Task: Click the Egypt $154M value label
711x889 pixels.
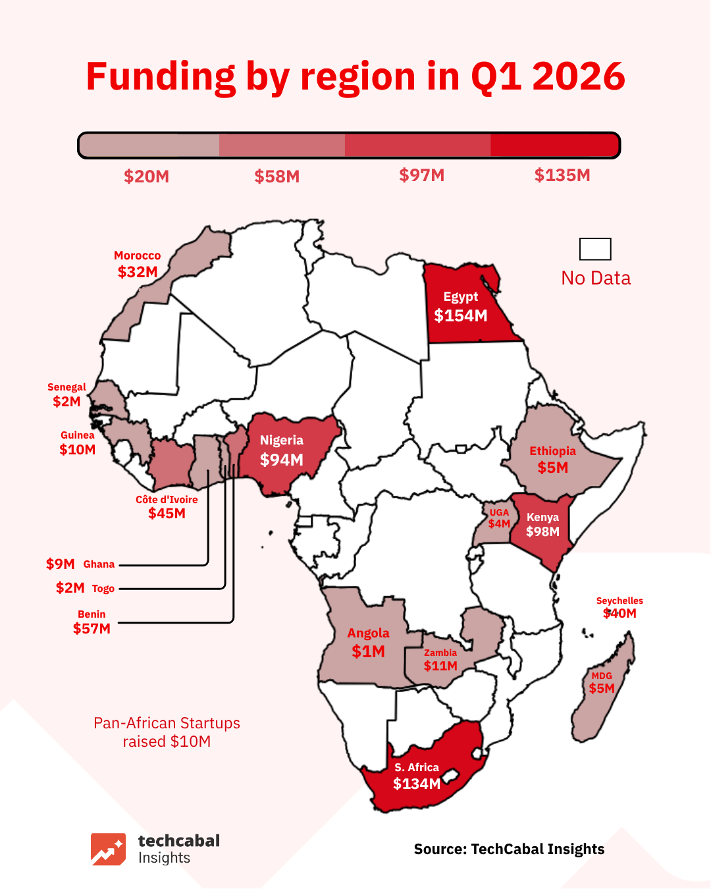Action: [461, 316]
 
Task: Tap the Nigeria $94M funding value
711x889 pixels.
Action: [282, 460]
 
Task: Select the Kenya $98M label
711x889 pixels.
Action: [542, 531]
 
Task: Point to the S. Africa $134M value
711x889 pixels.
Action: [417, 784]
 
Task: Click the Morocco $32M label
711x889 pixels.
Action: [138, 272]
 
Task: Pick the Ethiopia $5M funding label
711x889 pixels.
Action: [552, 468]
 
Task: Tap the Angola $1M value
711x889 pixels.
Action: [368, 651]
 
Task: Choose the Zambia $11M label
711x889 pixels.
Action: [440, 666]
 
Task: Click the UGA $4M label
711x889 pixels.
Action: [499, 524]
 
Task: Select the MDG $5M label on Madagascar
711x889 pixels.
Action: [602, 688]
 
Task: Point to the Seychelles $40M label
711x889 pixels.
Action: [619, 613]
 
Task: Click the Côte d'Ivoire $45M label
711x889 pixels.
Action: [167, 513]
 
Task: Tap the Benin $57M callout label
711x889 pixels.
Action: [92, 628]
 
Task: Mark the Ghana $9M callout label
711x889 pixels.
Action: [61, 564]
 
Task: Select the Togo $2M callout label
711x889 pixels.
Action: [70, 588]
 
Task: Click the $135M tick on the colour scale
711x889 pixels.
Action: [562, 175]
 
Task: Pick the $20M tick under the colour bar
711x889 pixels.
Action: [146, 176]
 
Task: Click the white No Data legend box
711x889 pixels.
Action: [595, 250]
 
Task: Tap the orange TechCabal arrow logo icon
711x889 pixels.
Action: [108, 849]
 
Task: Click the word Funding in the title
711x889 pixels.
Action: [161, 76]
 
